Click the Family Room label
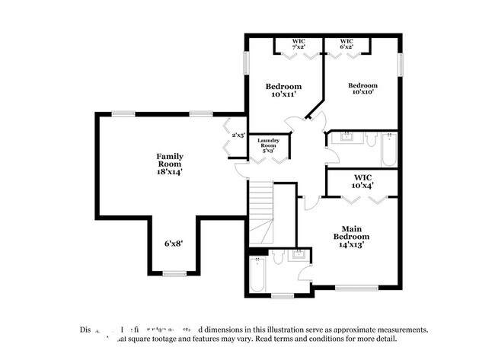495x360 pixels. tap(170, 160)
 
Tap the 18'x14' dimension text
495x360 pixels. tap(170, 172)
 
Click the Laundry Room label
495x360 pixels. tap(268, 144)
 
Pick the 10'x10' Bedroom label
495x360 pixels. tap(363, 88)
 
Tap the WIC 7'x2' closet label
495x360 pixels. tap(299, 44)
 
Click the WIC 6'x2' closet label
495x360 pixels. tap(346, 44)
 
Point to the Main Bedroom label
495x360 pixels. tap(351, 236)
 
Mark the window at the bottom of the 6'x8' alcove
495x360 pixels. tap(174, 273)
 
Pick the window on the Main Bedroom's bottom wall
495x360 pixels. tap(356, 288)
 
